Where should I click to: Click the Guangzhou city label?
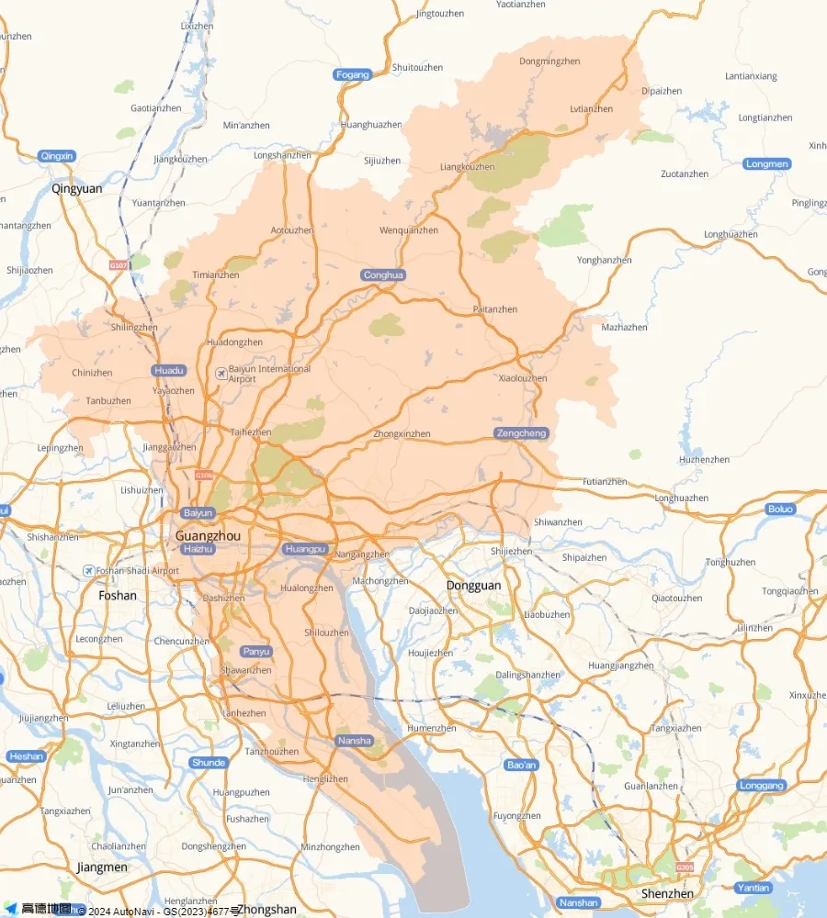point(208,535)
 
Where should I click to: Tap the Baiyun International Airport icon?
point(221,373)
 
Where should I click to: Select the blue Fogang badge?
point(353,74)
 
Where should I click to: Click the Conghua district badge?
point(383,275)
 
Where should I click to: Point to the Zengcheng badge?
point(521,433)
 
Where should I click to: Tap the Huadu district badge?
point(169,371)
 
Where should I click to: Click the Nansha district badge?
point(355,741)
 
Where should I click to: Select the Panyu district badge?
point(256,652)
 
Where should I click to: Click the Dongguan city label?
point(473,586)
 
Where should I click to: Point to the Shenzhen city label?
point(668,893)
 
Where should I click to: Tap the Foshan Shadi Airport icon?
point(88,571)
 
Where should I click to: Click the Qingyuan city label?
point(77,189)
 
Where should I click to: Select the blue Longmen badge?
point(766,164)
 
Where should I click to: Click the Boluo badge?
point(780,509)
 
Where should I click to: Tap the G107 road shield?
point(118,265)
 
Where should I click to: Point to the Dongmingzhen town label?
point(549,62)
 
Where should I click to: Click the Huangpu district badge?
point(305,549)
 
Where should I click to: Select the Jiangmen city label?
point(102,868)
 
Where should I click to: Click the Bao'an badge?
point(522,765)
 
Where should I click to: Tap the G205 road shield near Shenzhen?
point(685,868)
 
